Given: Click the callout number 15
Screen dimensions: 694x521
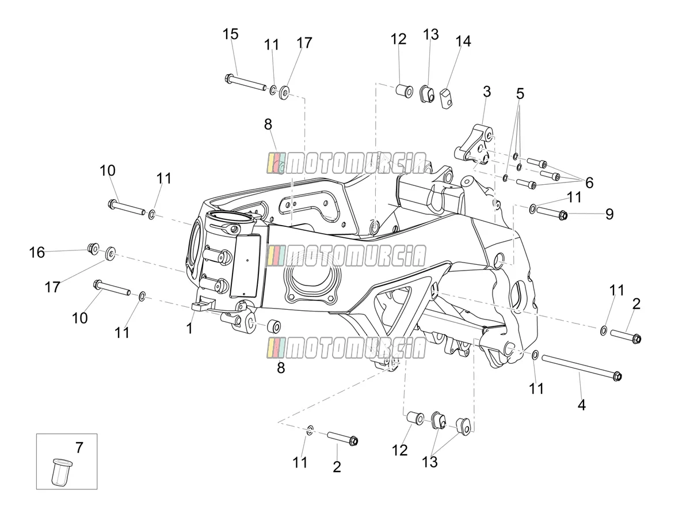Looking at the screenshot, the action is (230, 34).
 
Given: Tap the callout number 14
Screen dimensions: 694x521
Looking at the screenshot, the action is (463, 41).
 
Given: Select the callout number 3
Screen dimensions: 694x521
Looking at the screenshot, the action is (487, 92).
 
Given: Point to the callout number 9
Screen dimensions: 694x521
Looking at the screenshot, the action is (609, 214).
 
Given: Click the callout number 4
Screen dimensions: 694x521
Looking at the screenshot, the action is (581, 405).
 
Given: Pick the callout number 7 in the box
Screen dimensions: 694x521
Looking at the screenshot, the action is (79, 448).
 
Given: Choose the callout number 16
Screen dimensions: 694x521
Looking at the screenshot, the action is (37, 252).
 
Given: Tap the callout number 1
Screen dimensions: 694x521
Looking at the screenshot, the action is (189, 328).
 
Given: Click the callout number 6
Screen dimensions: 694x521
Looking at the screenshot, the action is (589, 183).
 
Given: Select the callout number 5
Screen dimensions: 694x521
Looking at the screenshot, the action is (520, 94).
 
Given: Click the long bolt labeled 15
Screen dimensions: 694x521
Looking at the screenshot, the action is (245, 82).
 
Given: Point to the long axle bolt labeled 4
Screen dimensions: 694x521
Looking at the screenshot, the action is (582, 368).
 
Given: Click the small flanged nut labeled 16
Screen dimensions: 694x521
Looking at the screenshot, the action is (93, 249).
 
